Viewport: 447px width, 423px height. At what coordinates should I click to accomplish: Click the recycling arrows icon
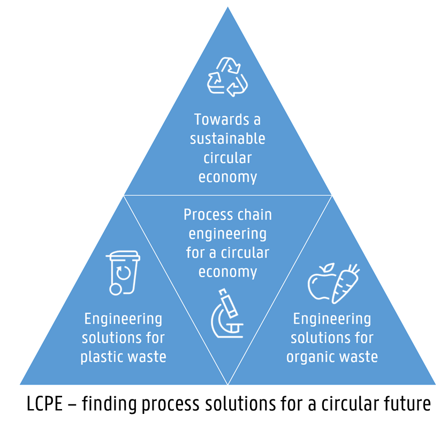(228, 77)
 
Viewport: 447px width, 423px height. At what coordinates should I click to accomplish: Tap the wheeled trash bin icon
(123, 272)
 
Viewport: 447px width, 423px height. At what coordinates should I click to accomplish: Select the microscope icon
(228, 314)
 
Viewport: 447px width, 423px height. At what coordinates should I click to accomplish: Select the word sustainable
(228, 139)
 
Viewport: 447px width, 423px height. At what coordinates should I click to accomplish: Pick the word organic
(312, 357)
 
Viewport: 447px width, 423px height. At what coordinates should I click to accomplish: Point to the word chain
(252, 215)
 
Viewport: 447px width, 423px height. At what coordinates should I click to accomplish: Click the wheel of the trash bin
(115, 289)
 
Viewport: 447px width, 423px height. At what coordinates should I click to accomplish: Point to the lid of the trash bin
(124, 254)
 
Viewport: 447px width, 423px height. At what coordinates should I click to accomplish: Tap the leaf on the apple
(331, 266)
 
